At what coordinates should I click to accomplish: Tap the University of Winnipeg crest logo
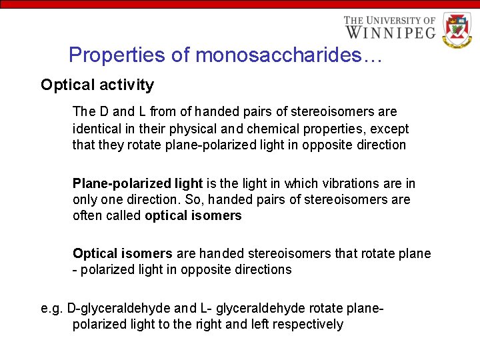click(x=457, y=30)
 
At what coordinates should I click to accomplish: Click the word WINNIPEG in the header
click(x=390, y=32)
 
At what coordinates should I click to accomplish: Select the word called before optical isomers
click(x=125, y=216)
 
